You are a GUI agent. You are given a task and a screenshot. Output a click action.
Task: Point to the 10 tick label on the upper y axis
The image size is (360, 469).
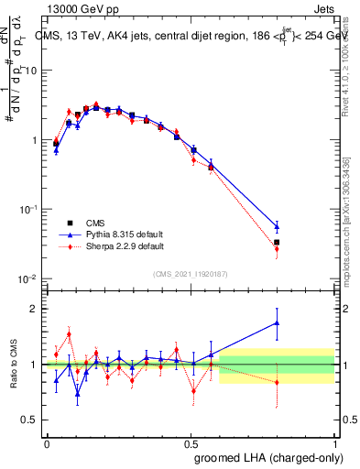click(x=29, y=71)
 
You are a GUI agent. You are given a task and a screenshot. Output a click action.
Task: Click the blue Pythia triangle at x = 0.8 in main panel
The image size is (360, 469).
click(x=277, y=226)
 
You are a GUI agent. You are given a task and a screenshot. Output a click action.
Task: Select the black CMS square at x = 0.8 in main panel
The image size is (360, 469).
click(x=277, y=243)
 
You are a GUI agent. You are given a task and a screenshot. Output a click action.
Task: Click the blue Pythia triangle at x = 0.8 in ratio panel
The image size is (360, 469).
click(x=277, y=322)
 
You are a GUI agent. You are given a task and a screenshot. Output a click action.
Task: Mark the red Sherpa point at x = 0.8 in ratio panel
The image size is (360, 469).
click(x=277, y=382)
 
